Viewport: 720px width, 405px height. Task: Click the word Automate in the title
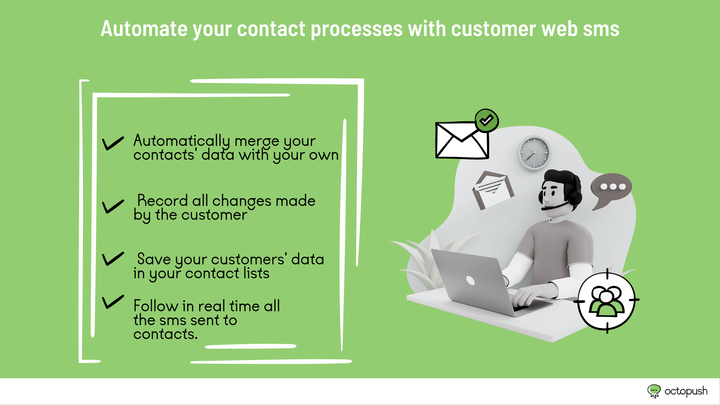point(144,29)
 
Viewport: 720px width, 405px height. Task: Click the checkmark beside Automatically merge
point(113,143)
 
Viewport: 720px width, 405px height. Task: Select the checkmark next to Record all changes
point(113,206)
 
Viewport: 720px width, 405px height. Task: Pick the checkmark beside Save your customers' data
point(113,259)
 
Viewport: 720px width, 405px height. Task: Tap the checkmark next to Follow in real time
point(113,302)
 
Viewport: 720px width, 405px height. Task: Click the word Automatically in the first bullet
point(181,141)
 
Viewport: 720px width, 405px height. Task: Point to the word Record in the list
point(162,201)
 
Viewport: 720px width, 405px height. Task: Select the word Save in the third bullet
point(154,259)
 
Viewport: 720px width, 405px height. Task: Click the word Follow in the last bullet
point(156,306)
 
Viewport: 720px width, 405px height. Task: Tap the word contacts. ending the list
point(165,334)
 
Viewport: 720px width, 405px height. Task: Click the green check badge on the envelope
point(487,120)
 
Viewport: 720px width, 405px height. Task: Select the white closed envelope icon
point(462,140)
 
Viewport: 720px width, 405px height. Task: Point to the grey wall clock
point(534,153)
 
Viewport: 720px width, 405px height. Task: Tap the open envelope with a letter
point(492,189)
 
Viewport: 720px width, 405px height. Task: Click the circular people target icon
point(607,300)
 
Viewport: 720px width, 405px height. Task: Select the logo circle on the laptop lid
point(470,280)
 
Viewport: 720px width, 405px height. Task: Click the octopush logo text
point(686,391)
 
